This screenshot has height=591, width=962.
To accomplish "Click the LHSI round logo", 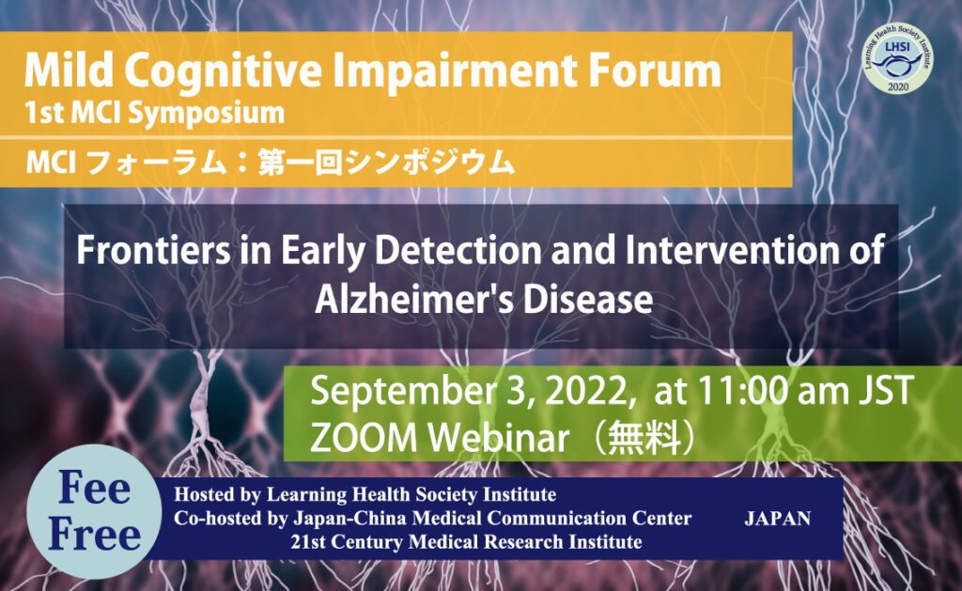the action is (x=897, y=58).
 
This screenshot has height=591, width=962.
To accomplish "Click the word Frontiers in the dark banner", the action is (x=153, y=250).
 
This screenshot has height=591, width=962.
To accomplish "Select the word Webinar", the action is (x=499, y=438).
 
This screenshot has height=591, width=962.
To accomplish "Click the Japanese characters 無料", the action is (x=644, y=438).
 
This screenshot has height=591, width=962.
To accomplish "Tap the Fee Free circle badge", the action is (x=95, y=511).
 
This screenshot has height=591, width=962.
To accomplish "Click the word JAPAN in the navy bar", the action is (x=777, y=519).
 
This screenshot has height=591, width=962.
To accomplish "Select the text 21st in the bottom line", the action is (x=308, y=542).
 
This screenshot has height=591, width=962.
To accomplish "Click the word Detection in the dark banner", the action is (x=458, y=250).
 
